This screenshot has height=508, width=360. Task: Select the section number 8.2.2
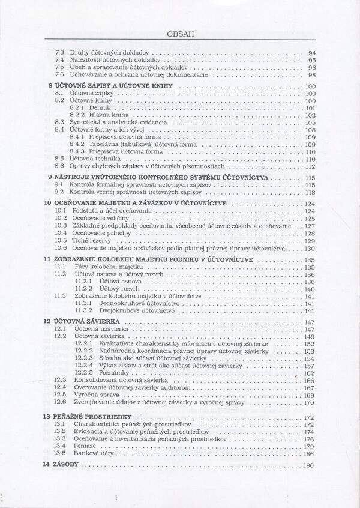[x=77, y=115]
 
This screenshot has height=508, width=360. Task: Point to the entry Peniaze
[x=85, y=446]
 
